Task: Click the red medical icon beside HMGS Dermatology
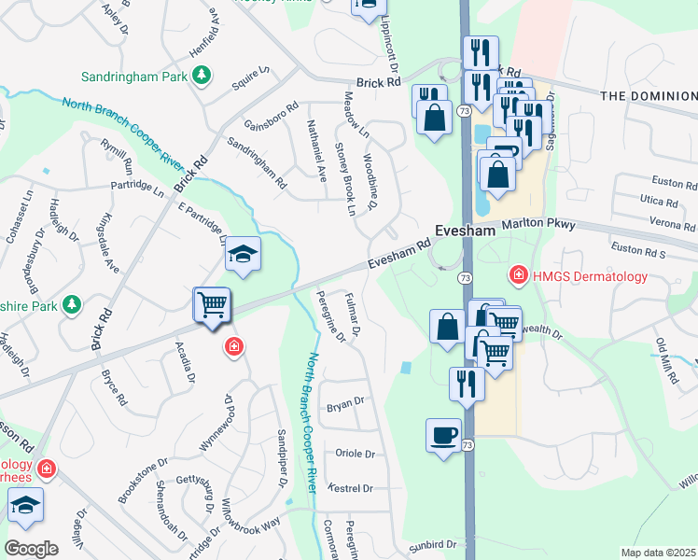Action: [x=517, y=275]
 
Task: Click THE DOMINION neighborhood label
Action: [x=649, y=96]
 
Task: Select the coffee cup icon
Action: [x=443, y=435]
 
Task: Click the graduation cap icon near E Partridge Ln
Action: [x=243, y=253]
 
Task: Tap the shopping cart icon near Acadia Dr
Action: [x=212, y=304]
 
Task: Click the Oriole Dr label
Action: [x=355, y=455]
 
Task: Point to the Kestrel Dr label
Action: [x=352, y=488]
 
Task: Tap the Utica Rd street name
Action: [x=659, y=202]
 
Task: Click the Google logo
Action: [x=31, y=549]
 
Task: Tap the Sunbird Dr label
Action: [x=431, y=544]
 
